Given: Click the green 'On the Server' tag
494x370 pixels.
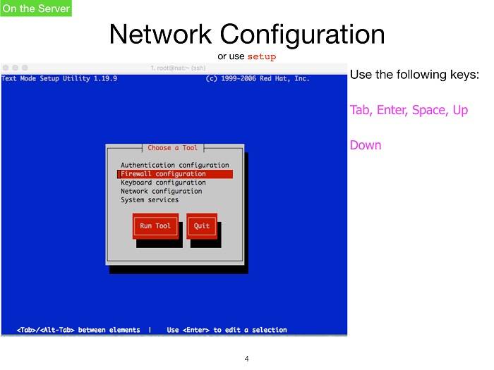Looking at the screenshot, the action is click(x=36, y=8).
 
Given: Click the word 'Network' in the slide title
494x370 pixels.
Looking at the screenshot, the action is click(x=160, y=34).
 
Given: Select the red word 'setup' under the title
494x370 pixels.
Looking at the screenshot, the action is click(x=262, y=56).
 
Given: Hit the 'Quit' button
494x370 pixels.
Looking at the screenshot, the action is click(x=202, y=226).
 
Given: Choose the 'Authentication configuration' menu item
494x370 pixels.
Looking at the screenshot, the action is click(x=175, y=165).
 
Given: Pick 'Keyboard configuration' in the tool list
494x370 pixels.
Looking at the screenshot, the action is click(x=163, y=183).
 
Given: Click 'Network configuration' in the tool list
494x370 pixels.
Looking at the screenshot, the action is click(x=162, y=191).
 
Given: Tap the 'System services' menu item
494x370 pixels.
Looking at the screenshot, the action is click(x=150, y=200).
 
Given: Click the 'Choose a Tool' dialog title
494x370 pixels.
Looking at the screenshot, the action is click(x=173, y=148).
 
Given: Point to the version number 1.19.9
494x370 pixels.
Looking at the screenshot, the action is click(x=105, y=78).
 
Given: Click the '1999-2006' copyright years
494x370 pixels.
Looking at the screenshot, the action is click(x=239, y=78).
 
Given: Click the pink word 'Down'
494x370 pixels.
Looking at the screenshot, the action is click(x=366, y=145).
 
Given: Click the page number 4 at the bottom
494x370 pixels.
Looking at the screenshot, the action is click(x=247, y=359).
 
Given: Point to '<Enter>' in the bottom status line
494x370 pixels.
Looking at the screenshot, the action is click(x=196, y=330).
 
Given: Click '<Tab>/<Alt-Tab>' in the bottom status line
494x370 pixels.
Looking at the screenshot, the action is click(x=46, y=330).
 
